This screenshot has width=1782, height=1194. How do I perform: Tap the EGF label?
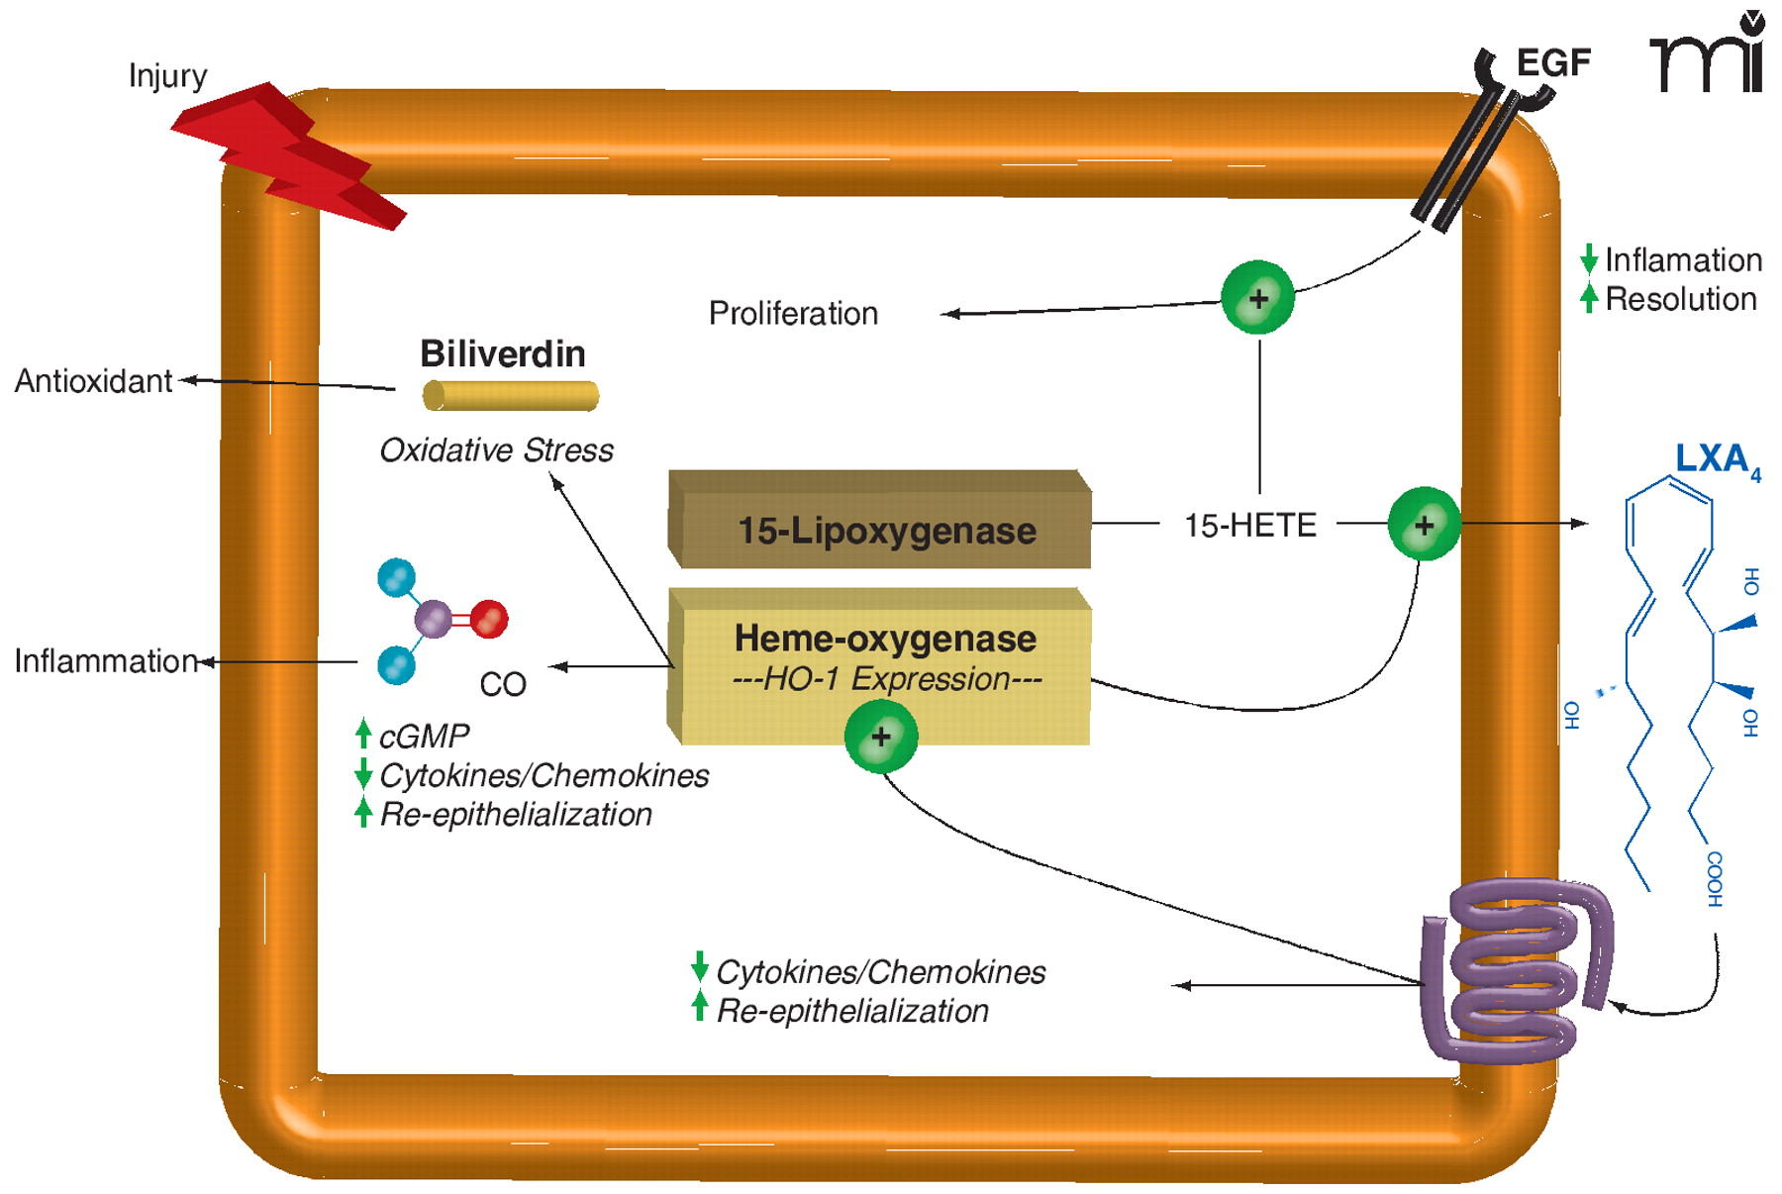pyautogui.click(x=1552, y=62)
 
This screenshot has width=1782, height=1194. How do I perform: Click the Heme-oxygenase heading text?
pyautogui.click(x=885, y=639)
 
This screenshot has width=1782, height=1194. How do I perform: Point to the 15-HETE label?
pyautogui.click(x=1250, y=525)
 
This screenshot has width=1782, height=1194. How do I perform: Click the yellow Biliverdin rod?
pyautogui.click(x=511, y=396)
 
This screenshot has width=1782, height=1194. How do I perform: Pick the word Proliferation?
pyautogui.click(x=793, y=314)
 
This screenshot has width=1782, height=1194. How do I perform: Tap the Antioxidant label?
pyautogui.click(x=93, y=381)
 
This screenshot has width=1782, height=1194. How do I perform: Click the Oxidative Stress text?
pyautogui.click(x=496, y=450)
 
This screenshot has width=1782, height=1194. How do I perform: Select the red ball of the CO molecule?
pyautogui.click(x=489, y=619)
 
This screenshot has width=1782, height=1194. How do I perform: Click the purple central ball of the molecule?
pyautogui.click(x=433, y=619)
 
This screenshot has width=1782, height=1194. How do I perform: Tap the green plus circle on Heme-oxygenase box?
pyautogui.click(x=880, y=737)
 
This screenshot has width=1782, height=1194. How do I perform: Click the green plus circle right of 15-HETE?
pyautogui.click(x=1424, y=525)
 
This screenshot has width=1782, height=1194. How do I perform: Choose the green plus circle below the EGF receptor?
pyautogui.click(x=1257, y=298)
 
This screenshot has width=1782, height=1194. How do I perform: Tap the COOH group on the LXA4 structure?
pyautogui.click(x=1715, y=878)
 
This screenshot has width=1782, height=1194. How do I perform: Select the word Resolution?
pyautogui.click(x=1680, y=299)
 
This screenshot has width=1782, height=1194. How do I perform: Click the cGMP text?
pyautogui.click(x=424, y=737)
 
